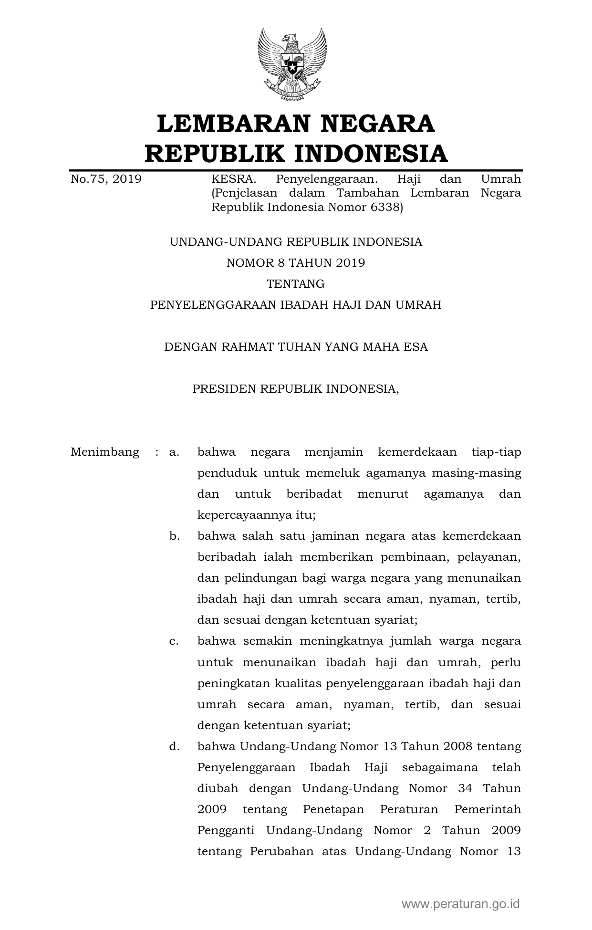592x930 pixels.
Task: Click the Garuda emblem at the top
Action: [x=292, y=64]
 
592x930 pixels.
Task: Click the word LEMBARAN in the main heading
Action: [x=229, y=124]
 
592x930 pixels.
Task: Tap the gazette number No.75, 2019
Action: [x=106, y=179]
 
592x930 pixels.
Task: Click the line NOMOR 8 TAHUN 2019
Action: [x=296, y=263]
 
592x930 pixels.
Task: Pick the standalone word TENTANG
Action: [x=296, y=284]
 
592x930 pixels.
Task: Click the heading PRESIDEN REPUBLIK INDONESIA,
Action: [x=296, y=389]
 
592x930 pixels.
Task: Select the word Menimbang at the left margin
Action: [x=105, y=452]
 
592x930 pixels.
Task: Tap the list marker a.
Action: [x=174, y=452]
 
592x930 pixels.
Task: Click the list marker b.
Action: [x=174, y=536]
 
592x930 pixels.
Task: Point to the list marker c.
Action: [x=174, y=641]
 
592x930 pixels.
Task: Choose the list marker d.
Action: [x=174, y=746]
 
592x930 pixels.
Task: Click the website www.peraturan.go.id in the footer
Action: [x=460, y=904]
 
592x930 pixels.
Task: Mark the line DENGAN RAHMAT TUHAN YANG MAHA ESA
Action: [x=296, y=347]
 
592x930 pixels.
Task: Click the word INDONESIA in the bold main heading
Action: [x=370, y=154]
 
